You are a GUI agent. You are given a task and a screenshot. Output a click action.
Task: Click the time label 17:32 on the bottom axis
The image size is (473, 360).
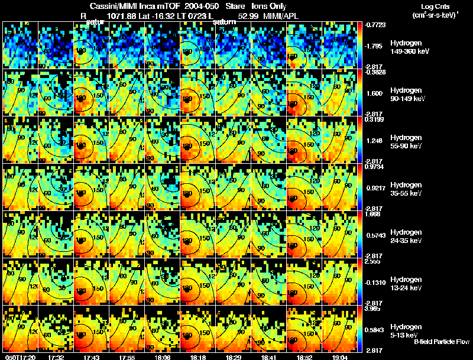click(56, 357)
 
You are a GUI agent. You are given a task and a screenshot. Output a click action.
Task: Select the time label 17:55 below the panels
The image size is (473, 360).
click(127, 357)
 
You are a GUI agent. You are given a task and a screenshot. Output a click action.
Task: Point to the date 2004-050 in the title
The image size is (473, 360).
click(200, 5)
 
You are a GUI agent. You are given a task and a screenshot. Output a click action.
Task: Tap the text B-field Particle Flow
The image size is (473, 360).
click(441, 342)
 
